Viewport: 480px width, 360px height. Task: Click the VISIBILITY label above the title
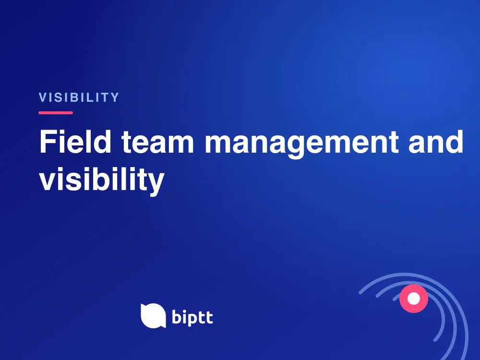pos(79,97)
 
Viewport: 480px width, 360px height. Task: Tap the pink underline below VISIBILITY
pos(56,113)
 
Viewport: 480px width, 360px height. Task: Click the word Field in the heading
pos(75,142)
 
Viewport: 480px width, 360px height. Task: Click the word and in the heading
pos(436,142)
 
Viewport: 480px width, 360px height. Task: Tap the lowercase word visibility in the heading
pos(102,180)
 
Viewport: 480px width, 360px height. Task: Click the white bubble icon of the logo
pos(154,316)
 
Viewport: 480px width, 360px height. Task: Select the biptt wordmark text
pos(192,317)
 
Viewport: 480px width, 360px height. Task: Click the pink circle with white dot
pos(414,299)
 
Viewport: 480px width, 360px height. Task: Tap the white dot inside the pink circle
pos(414,299)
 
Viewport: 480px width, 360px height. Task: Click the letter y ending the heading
pos(156,183)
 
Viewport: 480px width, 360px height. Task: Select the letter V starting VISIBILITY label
pos(43,97)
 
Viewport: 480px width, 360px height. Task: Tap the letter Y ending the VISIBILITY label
pos(115,97)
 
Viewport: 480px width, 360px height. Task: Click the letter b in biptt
pos(177,316)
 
